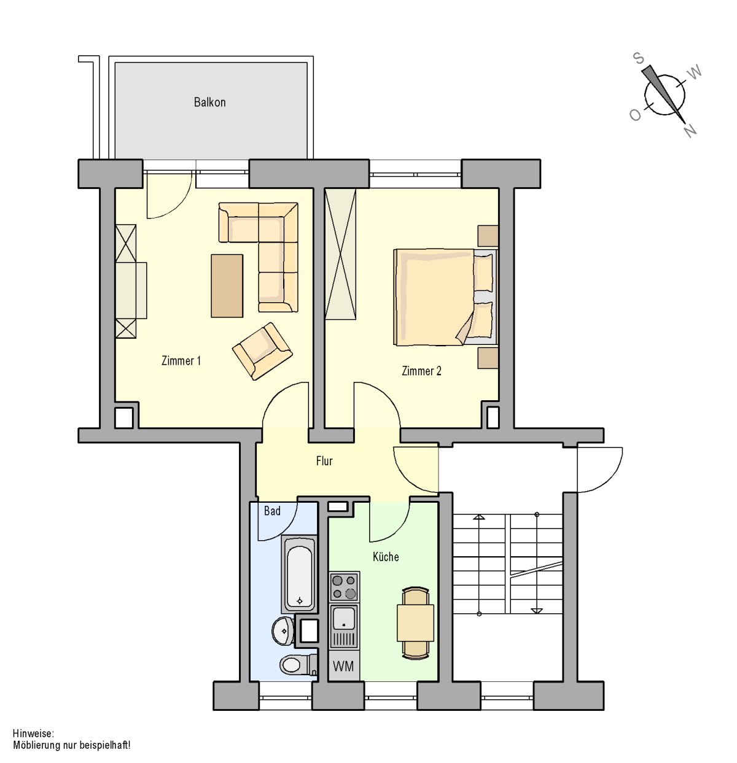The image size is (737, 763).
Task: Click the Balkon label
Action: [209, 103]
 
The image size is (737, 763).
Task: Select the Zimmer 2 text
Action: [421, 371]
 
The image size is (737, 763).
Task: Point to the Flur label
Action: [324, 461]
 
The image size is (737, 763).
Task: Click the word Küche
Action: [386, 557]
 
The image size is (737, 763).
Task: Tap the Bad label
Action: [272, 511]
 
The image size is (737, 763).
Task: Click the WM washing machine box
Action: [343, 666]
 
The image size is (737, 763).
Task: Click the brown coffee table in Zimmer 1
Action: [227, 286]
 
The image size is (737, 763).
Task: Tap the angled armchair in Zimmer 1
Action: [262, 351]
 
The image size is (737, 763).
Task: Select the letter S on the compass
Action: [639, 58]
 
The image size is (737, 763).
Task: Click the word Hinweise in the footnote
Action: [33, 734]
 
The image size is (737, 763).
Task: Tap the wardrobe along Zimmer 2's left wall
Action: [340, 254]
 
